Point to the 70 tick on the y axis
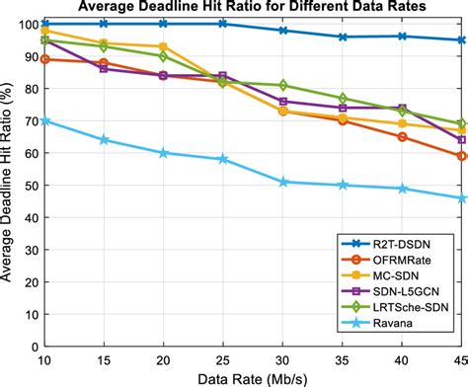29,120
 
